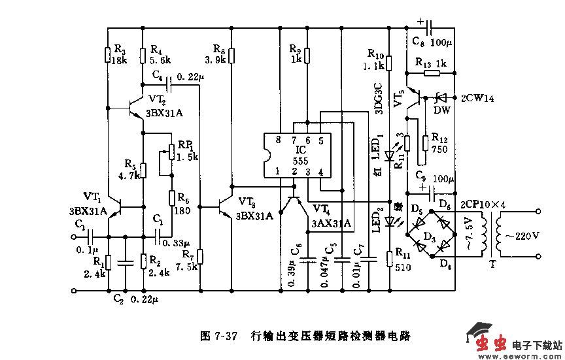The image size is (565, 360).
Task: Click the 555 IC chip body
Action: point(296,155)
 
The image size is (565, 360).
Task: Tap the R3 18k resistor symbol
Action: point(107,55)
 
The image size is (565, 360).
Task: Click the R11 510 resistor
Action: point(389,257)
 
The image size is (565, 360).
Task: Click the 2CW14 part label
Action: point(478,98)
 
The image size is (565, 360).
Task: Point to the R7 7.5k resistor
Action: point(201,257)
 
